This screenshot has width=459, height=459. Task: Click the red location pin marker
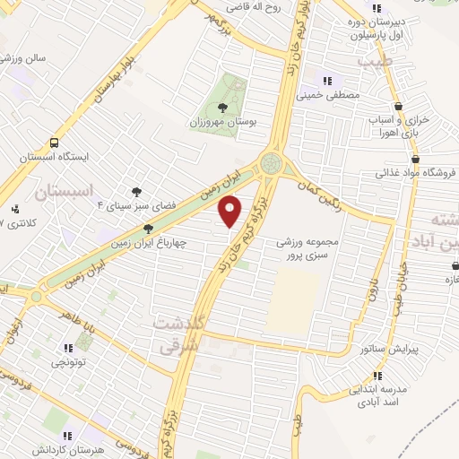[x=230, y=211]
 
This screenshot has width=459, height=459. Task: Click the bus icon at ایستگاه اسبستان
[x=56, y=142]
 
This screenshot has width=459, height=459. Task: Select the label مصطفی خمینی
[x=333, y=93]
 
